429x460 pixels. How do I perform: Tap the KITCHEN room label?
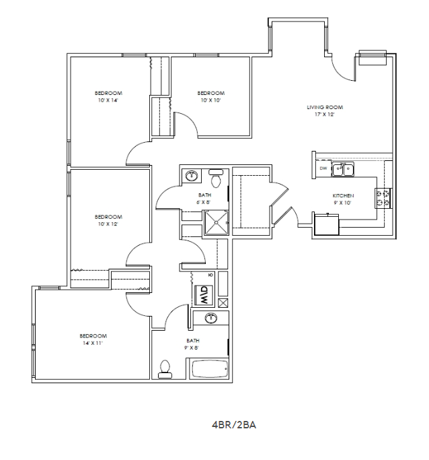point(343,195)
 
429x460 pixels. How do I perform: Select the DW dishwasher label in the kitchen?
point(323,168)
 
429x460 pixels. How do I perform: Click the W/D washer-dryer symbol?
point(202,295)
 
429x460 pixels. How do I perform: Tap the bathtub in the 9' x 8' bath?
point(210,370)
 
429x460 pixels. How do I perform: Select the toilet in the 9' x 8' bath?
point(164,368)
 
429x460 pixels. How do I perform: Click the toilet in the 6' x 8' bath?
point(216,180)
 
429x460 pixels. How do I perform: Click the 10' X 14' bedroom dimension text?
point(108,100)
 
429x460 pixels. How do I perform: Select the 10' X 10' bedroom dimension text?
point(210,100)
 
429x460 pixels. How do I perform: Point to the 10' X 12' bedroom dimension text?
point(108,224)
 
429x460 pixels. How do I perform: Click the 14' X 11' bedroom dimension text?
point(93,343)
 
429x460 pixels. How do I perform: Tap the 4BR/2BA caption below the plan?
point(235,425)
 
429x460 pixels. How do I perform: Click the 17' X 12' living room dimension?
point(321,114)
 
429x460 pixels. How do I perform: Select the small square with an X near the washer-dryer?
point(224,302)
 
